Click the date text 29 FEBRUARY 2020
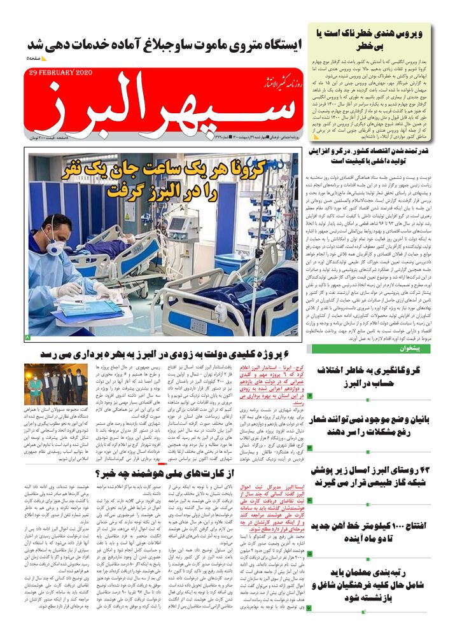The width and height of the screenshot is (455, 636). click(61, 74)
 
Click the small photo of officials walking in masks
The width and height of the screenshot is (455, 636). click(51, 384)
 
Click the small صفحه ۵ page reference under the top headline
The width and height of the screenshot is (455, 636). click(34, 59)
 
